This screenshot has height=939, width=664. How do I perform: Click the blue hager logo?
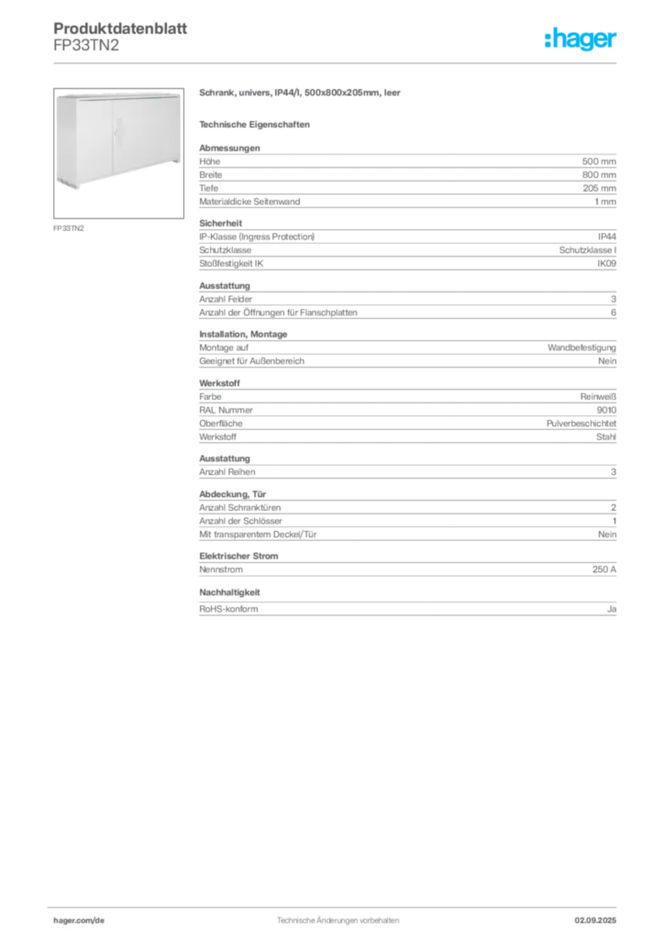click(581, 40)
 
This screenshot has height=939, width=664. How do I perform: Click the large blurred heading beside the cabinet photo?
click(300, 94)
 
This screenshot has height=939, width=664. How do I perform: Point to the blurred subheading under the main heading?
click(257, 124)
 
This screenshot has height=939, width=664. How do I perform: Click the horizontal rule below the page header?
click(337, 62)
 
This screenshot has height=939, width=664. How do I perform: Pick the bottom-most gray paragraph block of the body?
click(406, 607)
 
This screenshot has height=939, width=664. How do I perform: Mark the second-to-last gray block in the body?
click(406, 569)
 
